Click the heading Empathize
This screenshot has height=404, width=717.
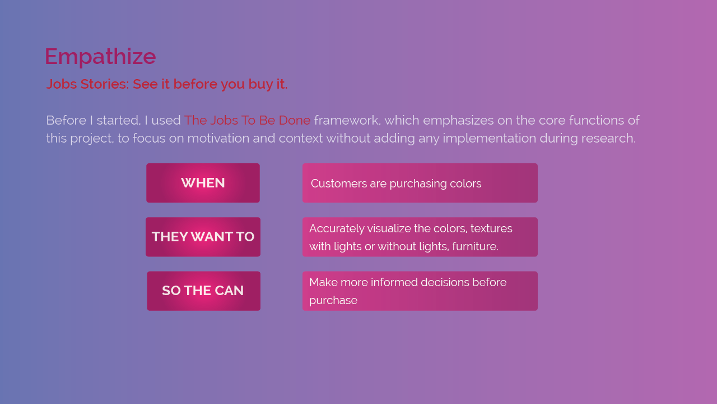click(100, 57)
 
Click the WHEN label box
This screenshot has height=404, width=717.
click(203, 183)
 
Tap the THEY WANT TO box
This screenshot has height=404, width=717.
click(203, 237)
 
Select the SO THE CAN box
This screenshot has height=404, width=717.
click(203, 291)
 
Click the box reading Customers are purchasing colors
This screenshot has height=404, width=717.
click(420, 183)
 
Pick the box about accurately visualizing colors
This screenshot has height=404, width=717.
click(420, 237)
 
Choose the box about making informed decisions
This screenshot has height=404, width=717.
click(420, 291)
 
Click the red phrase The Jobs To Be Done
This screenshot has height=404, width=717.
click(247, 121)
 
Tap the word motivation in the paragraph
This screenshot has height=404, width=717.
click(218, 139)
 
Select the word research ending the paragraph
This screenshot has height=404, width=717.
click(608, 139)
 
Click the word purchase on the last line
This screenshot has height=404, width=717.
click(333, 301)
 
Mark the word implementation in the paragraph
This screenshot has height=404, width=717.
click(490, 139)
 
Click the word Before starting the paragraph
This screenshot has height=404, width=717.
click(66, 121)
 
